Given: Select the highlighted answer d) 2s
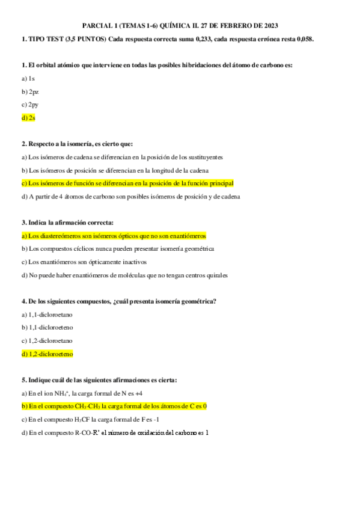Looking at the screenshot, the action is (28, 118).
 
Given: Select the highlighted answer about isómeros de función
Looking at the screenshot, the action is (127, 183).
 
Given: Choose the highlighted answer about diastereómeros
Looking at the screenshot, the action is (114, 236).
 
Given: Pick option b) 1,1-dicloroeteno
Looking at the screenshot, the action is (47, 328).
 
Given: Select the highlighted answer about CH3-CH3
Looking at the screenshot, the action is (114, 407).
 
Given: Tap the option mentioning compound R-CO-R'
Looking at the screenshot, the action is (114, 433).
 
